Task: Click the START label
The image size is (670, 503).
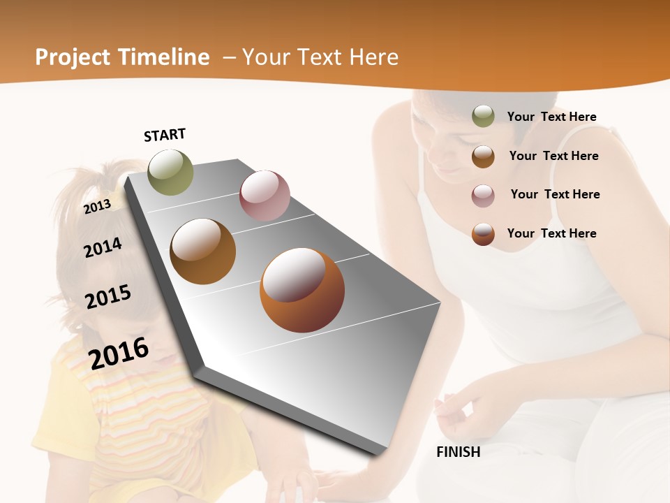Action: tap(165, 135)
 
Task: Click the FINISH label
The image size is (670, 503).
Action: tap(458, 452)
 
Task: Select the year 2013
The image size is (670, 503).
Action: tap(98, 207)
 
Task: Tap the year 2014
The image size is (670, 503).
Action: tap(103, 247)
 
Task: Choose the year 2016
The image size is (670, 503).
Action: tap(119, 353)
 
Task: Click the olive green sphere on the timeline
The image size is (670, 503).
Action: tap(171, 172)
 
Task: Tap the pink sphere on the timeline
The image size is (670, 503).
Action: tap(265, 196)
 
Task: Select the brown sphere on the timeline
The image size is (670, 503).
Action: tap(203, 251)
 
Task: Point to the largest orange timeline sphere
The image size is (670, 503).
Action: tap(302, 290)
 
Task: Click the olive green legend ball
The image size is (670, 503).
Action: tap(483, 117)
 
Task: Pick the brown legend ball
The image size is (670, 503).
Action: tap(483, 156)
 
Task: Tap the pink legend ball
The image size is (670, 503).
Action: tap(483, 195)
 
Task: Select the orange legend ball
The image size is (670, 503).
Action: tap(483, 234)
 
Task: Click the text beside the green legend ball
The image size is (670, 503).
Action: tap(551, 117)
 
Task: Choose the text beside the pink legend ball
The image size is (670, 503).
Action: tap(555, 194)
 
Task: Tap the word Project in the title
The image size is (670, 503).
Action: tap(73, 57)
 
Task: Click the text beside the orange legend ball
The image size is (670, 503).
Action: tap(551, 233)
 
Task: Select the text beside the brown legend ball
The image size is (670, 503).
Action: tap(553, 156)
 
